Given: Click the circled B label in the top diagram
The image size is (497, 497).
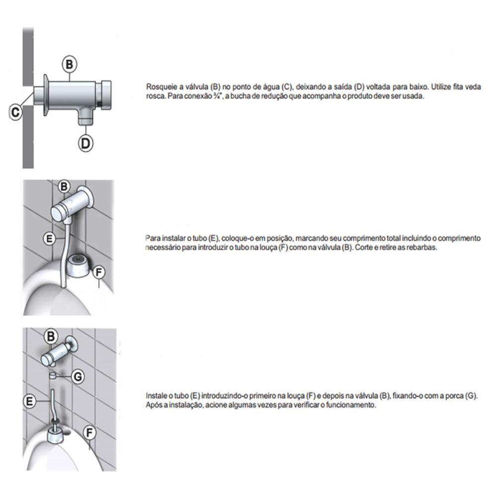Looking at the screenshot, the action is pos(70,64).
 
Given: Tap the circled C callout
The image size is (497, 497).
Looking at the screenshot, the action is pos(15,112).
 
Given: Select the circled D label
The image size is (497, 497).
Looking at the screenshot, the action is pos(85,143).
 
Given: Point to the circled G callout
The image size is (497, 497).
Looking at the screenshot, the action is pos(78,377).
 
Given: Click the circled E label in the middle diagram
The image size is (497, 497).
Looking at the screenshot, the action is pos(49,239).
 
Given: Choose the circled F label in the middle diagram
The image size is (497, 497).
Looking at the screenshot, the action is pos(98,272).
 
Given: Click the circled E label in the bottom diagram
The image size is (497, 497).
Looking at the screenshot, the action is pos(30,401).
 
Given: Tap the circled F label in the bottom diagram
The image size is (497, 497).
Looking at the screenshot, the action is pos(89,433).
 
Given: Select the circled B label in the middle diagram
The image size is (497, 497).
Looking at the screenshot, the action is pos(64,186).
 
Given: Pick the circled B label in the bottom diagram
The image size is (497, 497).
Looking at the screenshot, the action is pos(51,336).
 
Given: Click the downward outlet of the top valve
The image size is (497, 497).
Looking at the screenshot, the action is pos(85,116).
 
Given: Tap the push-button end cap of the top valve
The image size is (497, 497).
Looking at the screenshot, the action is pos(104,95).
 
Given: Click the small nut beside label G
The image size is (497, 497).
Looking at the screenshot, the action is pos(53,376).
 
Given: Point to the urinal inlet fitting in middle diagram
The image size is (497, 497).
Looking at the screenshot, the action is pos(78,263).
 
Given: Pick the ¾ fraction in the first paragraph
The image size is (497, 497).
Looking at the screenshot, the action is pos(218,96).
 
